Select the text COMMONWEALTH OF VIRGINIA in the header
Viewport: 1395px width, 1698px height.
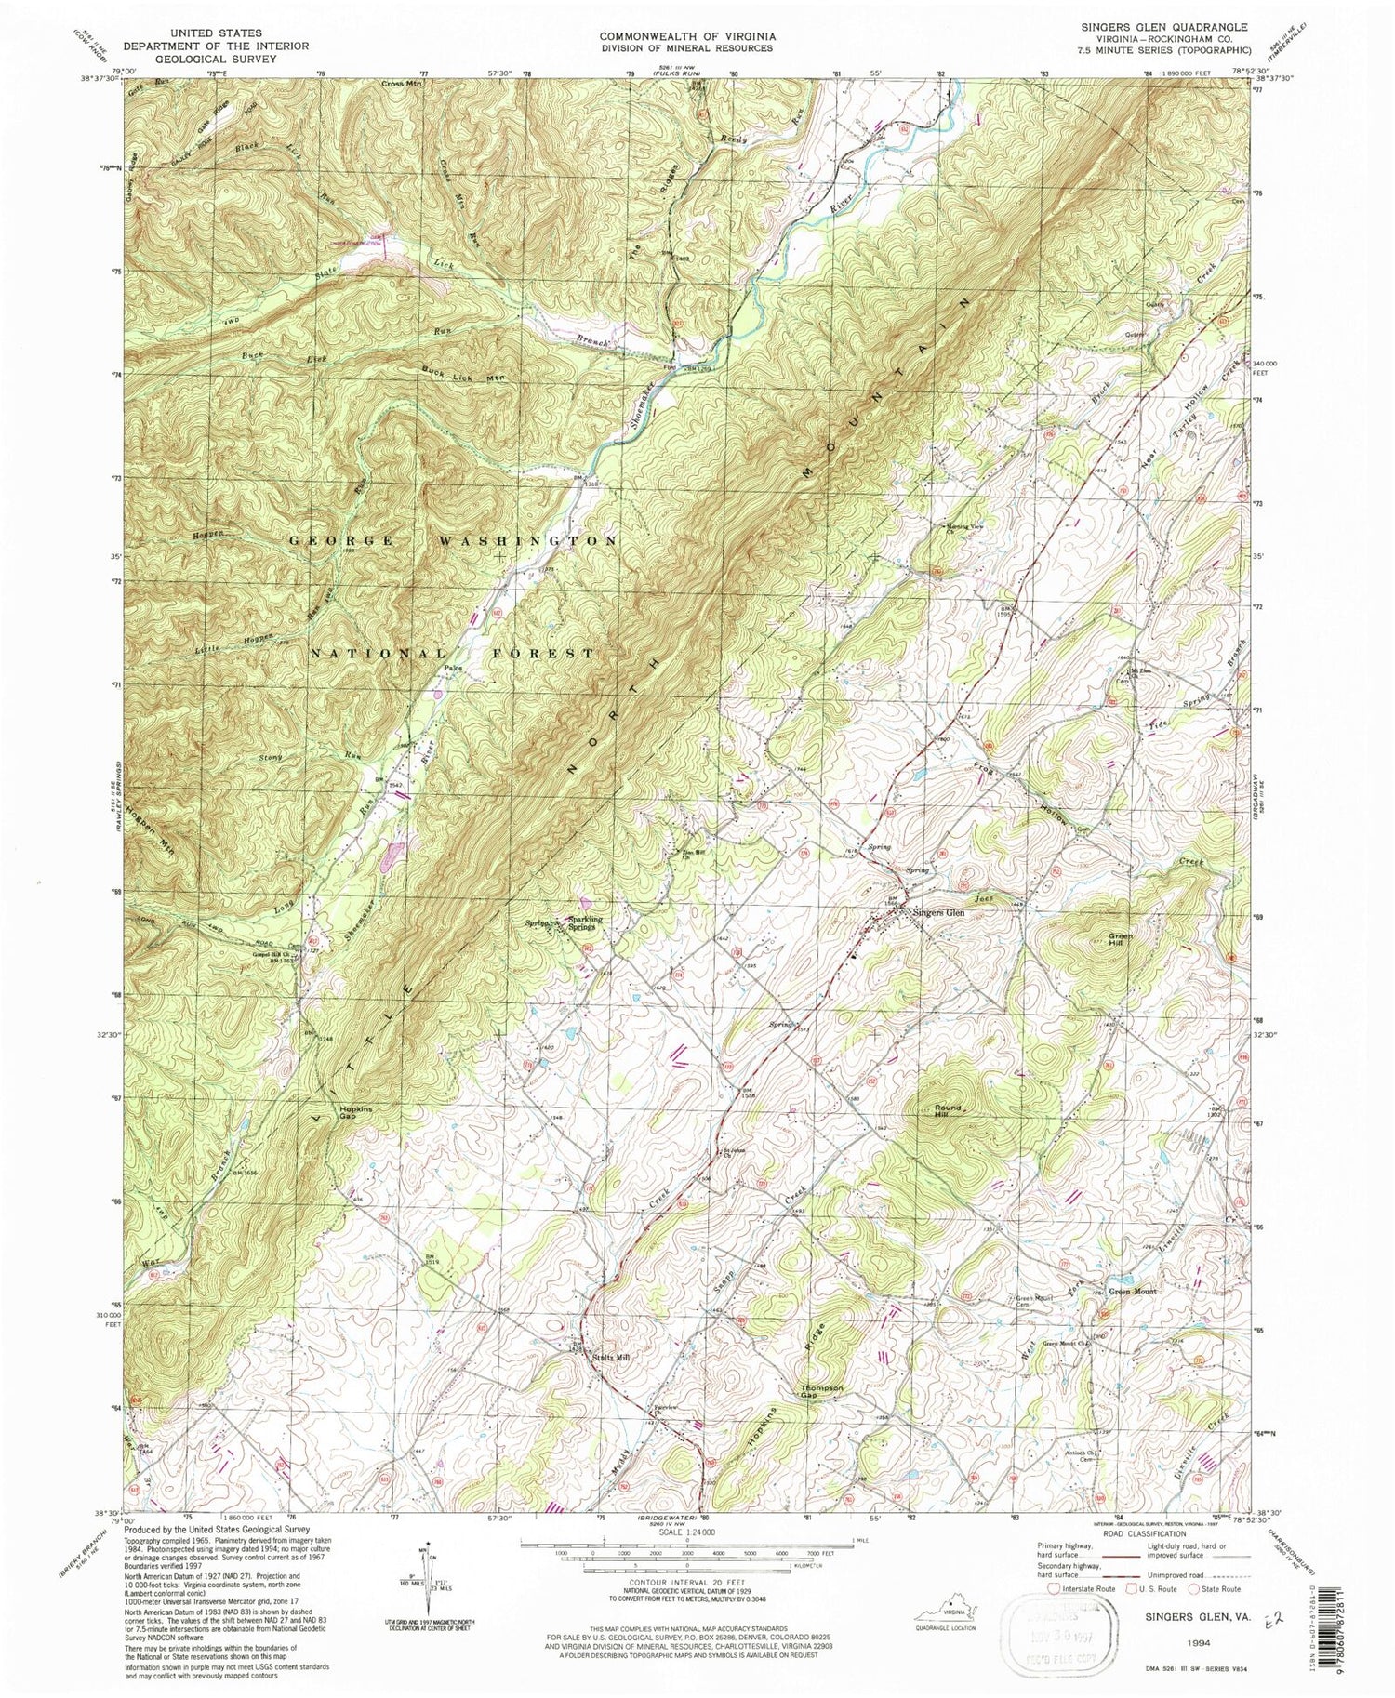pos(685,36)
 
